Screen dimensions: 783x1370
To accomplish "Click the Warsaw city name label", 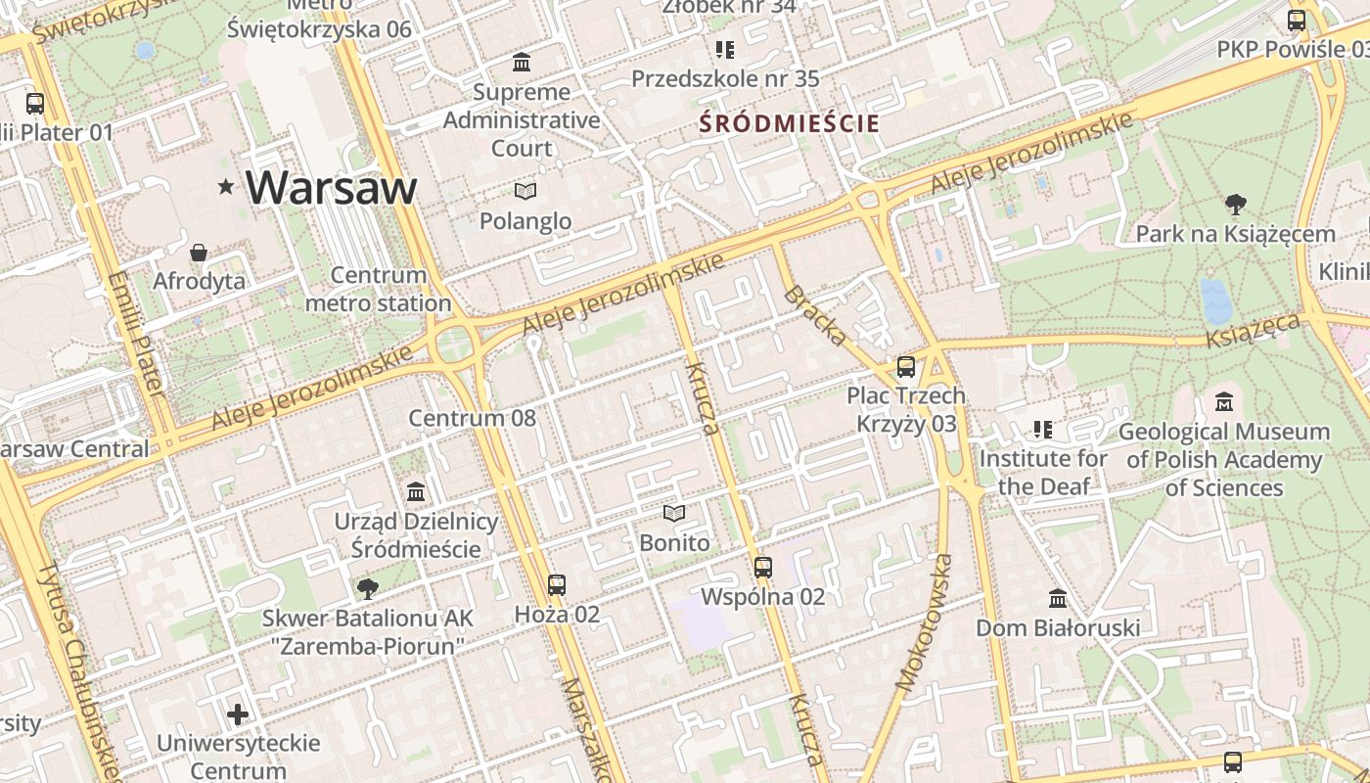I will point(331,187).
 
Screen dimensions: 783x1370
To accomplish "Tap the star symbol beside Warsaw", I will point(226,186).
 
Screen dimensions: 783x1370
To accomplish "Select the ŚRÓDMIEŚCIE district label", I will point(789,124).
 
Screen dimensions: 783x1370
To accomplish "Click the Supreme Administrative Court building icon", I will point(522,63).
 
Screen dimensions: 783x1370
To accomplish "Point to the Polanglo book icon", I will point(525,191).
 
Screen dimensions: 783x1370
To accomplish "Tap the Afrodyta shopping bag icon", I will point(199,253).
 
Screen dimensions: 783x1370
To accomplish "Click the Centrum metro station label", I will point(378,289).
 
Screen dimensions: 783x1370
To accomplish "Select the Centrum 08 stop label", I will point(472,419).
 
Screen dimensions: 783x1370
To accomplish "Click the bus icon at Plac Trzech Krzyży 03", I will point(906,367).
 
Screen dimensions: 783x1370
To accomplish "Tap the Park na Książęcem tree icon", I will point(1235,205).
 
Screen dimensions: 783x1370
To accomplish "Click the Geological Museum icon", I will point(1224,401).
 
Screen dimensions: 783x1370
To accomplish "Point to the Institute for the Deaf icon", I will point(1043,429).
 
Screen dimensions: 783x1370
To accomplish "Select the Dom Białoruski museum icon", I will point(1058,598).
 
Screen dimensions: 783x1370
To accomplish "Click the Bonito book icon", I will point(673,513).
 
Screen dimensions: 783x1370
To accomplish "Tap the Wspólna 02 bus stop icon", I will point(762,567).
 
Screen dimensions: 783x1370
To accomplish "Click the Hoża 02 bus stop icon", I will point(557,585).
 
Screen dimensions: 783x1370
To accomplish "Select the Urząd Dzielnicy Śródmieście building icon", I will point(416,491).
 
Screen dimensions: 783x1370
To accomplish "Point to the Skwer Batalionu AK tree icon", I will point(367,588).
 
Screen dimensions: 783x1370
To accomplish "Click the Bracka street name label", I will point(815,316).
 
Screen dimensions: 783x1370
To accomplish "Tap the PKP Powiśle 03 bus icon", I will point(1297,20).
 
